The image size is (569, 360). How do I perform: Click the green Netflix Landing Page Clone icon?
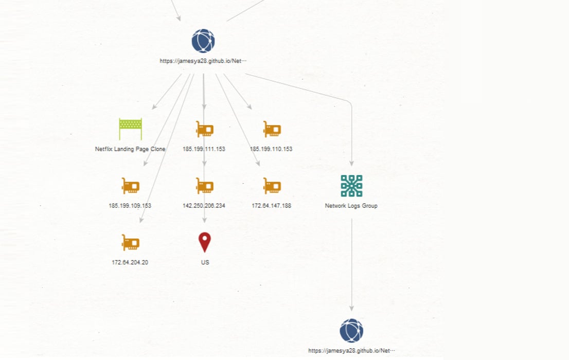[x=130, y=129]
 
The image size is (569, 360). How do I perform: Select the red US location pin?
[x=205, y=242]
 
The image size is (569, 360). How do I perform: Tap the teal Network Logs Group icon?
[x=351, y=186]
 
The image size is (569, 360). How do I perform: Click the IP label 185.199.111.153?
[x=204, y=149]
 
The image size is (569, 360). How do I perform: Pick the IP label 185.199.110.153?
[x=271, y=149]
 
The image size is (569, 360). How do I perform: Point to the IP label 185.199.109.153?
[x=130, y=205]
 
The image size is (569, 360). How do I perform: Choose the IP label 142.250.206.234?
[x=204, y=205]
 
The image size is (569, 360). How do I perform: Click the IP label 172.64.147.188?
[x=272, y=205]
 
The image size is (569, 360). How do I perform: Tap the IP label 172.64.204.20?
[x=130, y=262]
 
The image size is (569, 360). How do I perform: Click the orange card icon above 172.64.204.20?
[x=130, y=242]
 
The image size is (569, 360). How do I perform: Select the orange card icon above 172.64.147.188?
[x=272, y=186]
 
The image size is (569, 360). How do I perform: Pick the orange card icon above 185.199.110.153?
[x=272, y=129]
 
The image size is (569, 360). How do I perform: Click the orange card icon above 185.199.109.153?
[x=130, y=186]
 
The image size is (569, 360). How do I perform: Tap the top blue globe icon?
[x=203, y=41]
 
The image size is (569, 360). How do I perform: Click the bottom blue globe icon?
[x=351, y=331]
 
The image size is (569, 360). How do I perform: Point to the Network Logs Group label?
[x=351, y=205]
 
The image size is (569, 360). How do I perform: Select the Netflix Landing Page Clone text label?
[x=130, y=149]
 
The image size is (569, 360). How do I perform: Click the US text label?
[x=205, y=262]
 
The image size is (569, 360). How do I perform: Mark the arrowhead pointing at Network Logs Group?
[x=351, y=164]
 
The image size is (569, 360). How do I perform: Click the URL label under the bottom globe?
[x=351, y=351]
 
